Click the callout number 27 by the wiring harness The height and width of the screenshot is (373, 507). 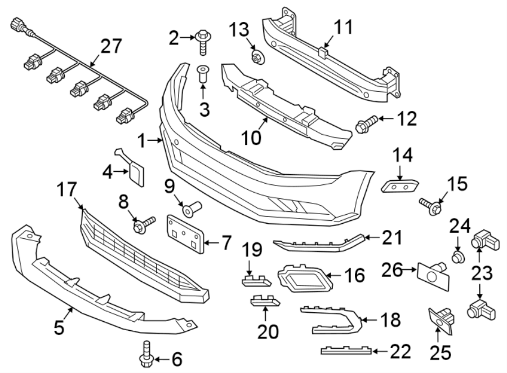tap(111, 46)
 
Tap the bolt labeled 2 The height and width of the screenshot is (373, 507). tap(203, 41)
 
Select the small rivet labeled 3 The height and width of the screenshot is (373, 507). tap(203, 74)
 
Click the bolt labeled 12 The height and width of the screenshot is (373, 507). tap(365, 123)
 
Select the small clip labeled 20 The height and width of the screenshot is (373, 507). tap(265, 301)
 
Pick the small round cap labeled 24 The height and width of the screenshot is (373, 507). tap(458, 258)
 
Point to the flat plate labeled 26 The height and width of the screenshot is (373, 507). tap(433, 274)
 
